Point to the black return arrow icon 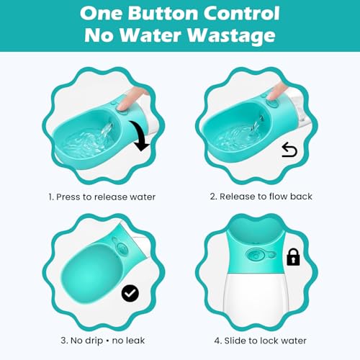point(289,150)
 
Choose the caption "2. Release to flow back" point(261,197)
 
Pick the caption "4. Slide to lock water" point(260,341)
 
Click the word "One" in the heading point(107,13)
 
